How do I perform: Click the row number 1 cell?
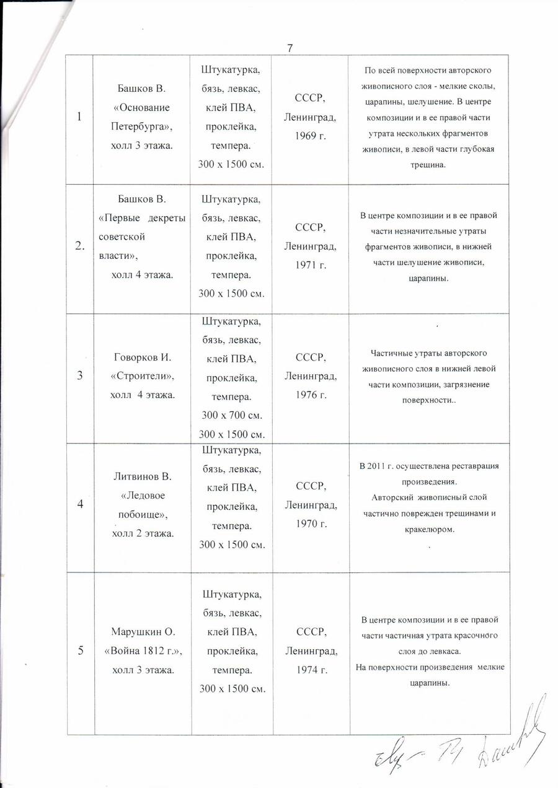pos(81,117)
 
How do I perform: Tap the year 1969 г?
pos(311,133)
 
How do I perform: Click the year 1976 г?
pos(311,394)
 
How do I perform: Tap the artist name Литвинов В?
pos(142,477)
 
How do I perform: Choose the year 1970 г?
pos(311,523)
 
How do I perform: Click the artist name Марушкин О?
pos(142,632)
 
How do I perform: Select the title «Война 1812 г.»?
pos(142,650)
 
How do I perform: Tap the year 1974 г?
pos(311,670)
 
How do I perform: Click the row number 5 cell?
pos(80,650)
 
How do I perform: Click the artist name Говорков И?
pos(142,357)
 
